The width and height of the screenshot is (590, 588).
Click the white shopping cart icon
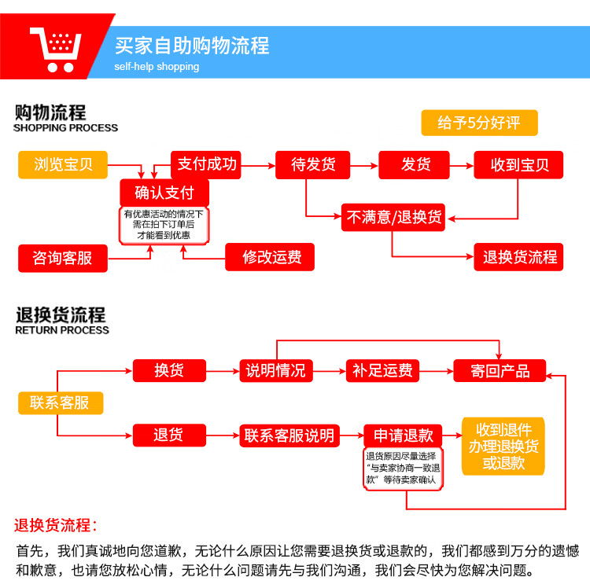pyautogui.click(x=57, y=50)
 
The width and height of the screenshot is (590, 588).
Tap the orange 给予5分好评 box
pyautogui.click(x=479, y=123)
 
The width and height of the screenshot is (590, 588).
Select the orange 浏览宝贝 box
pyautogui.click(x=63, y=164)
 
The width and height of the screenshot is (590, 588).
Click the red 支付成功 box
pyautogui.click(x=206, y=164)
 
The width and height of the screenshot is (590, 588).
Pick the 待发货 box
pyautogui.click(x=312, y=164)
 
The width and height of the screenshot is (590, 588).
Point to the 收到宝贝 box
pyautogui.click(x=518, y=164)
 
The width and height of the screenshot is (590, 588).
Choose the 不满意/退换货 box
pyautogui.click(x=393, y=217)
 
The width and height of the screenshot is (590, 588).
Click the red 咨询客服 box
pyautogui.click(x=63, y=259)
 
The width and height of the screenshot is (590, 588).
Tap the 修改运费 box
pyautogui.click(x=270, y=257)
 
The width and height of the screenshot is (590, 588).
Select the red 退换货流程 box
pyautogui.click(x=518, y=257)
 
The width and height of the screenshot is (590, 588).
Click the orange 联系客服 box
pyautogui.click(x=61, y=403)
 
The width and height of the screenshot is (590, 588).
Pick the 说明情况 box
pyautogui.click(x=276, y=371)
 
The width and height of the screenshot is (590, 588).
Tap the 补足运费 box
pyautogui.click(x=382, y=371)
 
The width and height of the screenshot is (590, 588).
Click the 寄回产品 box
pyautogui.click(x=500, y=371)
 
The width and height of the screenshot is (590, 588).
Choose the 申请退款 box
pyautogui.click(x=403, y=435)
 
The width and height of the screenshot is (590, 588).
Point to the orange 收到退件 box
pyautogui.click(x=503, y=447)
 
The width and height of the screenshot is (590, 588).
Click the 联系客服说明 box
pyautogui.click(x=289, y=435)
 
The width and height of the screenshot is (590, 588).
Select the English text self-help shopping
pyautogui.click(x=157, y=67)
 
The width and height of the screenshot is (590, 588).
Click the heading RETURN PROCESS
pyautogui.click(x=62, y=330)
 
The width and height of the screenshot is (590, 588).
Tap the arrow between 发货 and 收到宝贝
pyautogui.click(x=462, y=165)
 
